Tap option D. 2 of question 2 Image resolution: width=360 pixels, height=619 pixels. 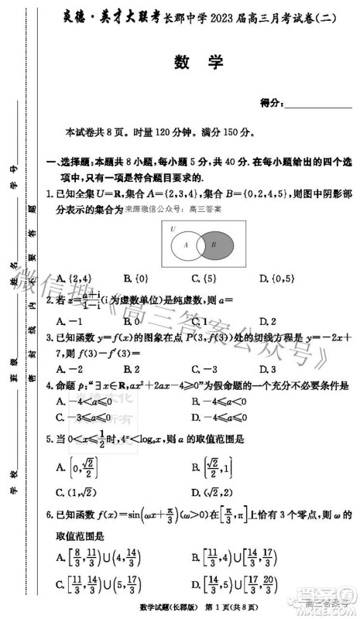point(268,321)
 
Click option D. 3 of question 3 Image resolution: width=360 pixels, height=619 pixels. point(268,369)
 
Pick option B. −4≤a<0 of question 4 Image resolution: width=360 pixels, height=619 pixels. point(220,402)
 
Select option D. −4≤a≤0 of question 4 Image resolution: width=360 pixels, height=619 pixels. point(220,418)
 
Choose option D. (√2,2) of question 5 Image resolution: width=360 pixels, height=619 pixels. point(214,492)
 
